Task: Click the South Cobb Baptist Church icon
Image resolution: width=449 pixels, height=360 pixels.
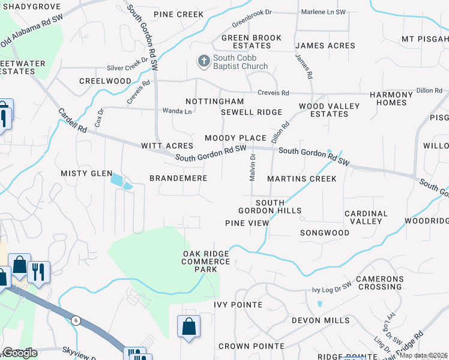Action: (203, 61)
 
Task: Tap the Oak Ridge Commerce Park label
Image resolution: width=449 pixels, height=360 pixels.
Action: (205, 262)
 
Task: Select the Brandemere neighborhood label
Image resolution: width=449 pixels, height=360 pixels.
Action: (178, 178)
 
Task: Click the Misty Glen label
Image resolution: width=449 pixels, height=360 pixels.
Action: (86, 173)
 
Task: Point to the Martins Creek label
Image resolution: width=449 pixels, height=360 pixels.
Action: (302, 179)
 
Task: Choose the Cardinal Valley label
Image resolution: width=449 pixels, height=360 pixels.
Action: (366, 217)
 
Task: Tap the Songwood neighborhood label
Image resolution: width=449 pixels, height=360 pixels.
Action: (324, 233)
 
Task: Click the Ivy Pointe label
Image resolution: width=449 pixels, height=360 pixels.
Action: (238, 305)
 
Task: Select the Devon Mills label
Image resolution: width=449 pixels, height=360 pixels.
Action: (321, 320)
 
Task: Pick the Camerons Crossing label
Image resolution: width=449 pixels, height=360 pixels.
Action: (387, 283)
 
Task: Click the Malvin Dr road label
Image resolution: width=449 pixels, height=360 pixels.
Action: (253, 164)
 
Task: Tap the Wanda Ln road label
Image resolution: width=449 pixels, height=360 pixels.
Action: (177, 111)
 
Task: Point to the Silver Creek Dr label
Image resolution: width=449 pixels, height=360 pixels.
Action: (127, 68)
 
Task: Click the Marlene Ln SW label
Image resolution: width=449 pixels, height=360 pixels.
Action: (323, 12)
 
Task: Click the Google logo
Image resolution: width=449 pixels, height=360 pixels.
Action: (20, 353)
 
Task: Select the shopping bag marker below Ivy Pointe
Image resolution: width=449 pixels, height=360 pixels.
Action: (188, 327)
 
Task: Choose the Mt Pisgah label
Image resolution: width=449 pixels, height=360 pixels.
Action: (425, 39)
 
